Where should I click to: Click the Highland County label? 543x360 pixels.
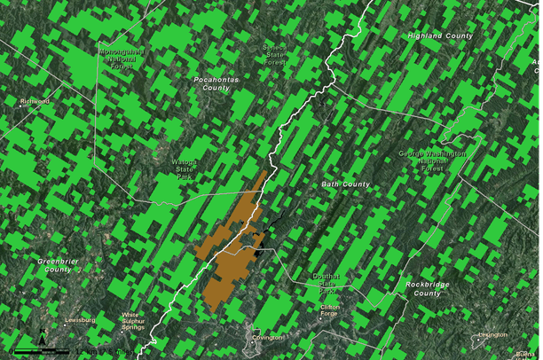(x=440, y=35)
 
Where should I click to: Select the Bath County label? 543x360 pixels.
(x=345, y=184)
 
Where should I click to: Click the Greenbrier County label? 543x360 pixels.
(x=67, y=264)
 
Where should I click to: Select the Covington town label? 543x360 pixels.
(x=267, y=338)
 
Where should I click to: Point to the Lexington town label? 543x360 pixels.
(x=492, y=334)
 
